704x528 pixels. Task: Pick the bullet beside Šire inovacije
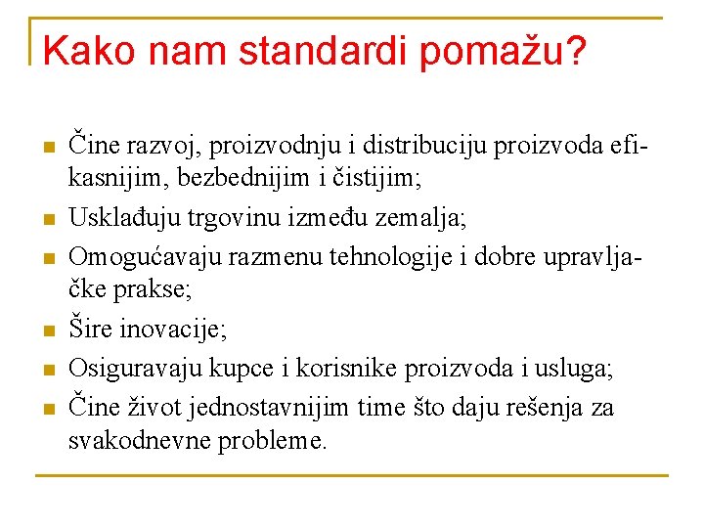(x=45, y=333)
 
